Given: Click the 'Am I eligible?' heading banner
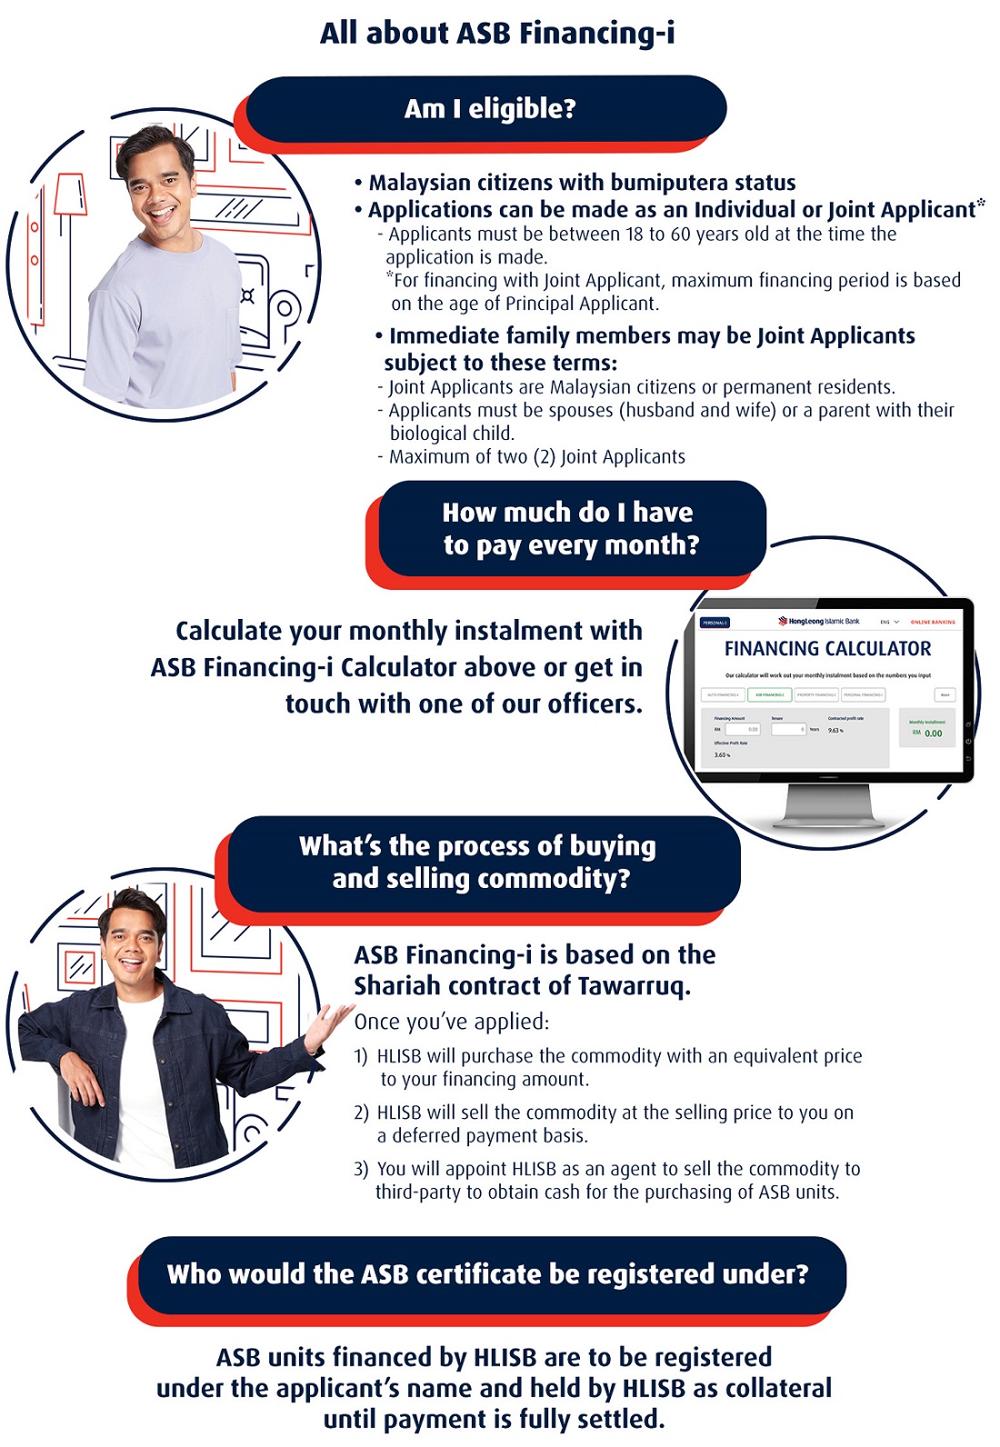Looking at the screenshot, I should coord(489,109).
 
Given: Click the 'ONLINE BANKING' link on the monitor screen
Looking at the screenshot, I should coord(933,623).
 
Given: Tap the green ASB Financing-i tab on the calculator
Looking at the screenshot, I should coord(769,694).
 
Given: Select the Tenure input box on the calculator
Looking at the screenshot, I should coord(788,729).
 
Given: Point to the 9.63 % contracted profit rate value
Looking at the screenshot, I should coord(835,731).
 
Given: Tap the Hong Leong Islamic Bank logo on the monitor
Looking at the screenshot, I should coord(818,622).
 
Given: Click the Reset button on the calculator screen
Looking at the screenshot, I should coord(945,694).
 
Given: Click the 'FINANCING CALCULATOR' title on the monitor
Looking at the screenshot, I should coord(827,649).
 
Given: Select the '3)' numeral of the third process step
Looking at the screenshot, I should coord(361,1169).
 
